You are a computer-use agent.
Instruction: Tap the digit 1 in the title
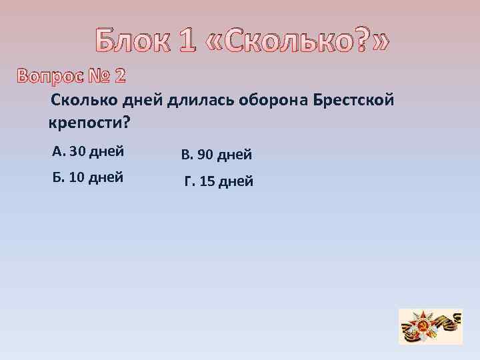[x=189, y=42]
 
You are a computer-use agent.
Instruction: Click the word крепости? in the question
[x=89, y=123]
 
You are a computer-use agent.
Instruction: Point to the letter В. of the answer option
[x=187, y=155]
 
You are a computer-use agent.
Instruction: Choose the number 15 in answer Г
[x=209, y=181]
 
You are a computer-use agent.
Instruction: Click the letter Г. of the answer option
[x=189, y=181]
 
